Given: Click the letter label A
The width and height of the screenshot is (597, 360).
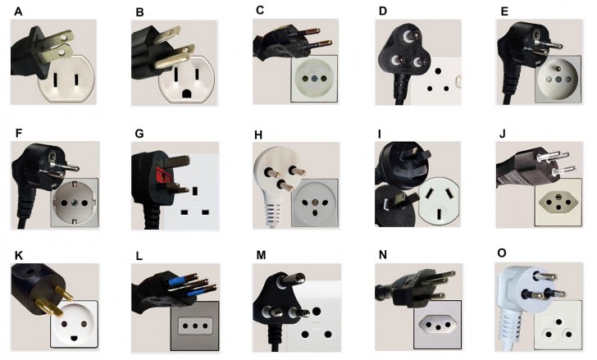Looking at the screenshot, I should [18, 11].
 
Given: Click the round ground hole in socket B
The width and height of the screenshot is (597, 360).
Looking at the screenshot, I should [188, 93].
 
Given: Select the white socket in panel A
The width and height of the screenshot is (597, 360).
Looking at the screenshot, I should [66, 82].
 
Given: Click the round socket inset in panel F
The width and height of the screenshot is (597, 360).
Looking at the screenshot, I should [74, 202].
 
